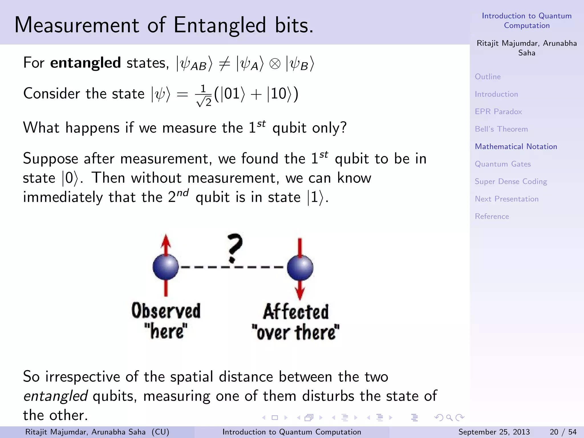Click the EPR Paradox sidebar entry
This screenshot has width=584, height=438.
[498, 111]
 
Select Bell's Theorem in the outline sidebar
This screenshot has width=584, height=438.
[501, 129]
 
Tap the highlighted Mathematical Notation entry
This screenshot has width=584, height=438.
[516, 147]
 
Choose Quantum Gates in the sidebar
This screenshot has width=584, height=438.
[502, 164]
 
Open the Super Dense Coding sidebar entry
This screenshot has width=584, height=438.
[511, 181]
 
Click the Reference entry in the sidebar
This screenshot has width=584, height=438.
[492, 216]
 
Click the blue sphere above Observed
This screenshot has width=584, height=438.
[165, 267]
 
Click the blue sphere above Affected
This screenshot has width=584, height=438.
[300, 268]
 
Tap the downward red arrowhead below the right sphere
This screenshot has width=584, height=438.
[300, 294]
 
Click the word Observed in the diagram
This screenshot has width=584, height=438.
[166, 311]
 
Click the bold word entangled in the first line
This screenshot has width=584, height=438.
[85, 63]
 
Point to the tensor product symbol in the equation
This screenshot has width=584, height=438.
[275, 64]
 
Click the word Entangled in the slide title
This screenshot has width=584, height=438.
[220, 25]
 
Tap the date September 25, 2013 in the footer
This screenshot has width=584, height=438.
[494, 432]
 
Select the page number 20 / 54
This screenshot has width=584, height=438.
[563, 432]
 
